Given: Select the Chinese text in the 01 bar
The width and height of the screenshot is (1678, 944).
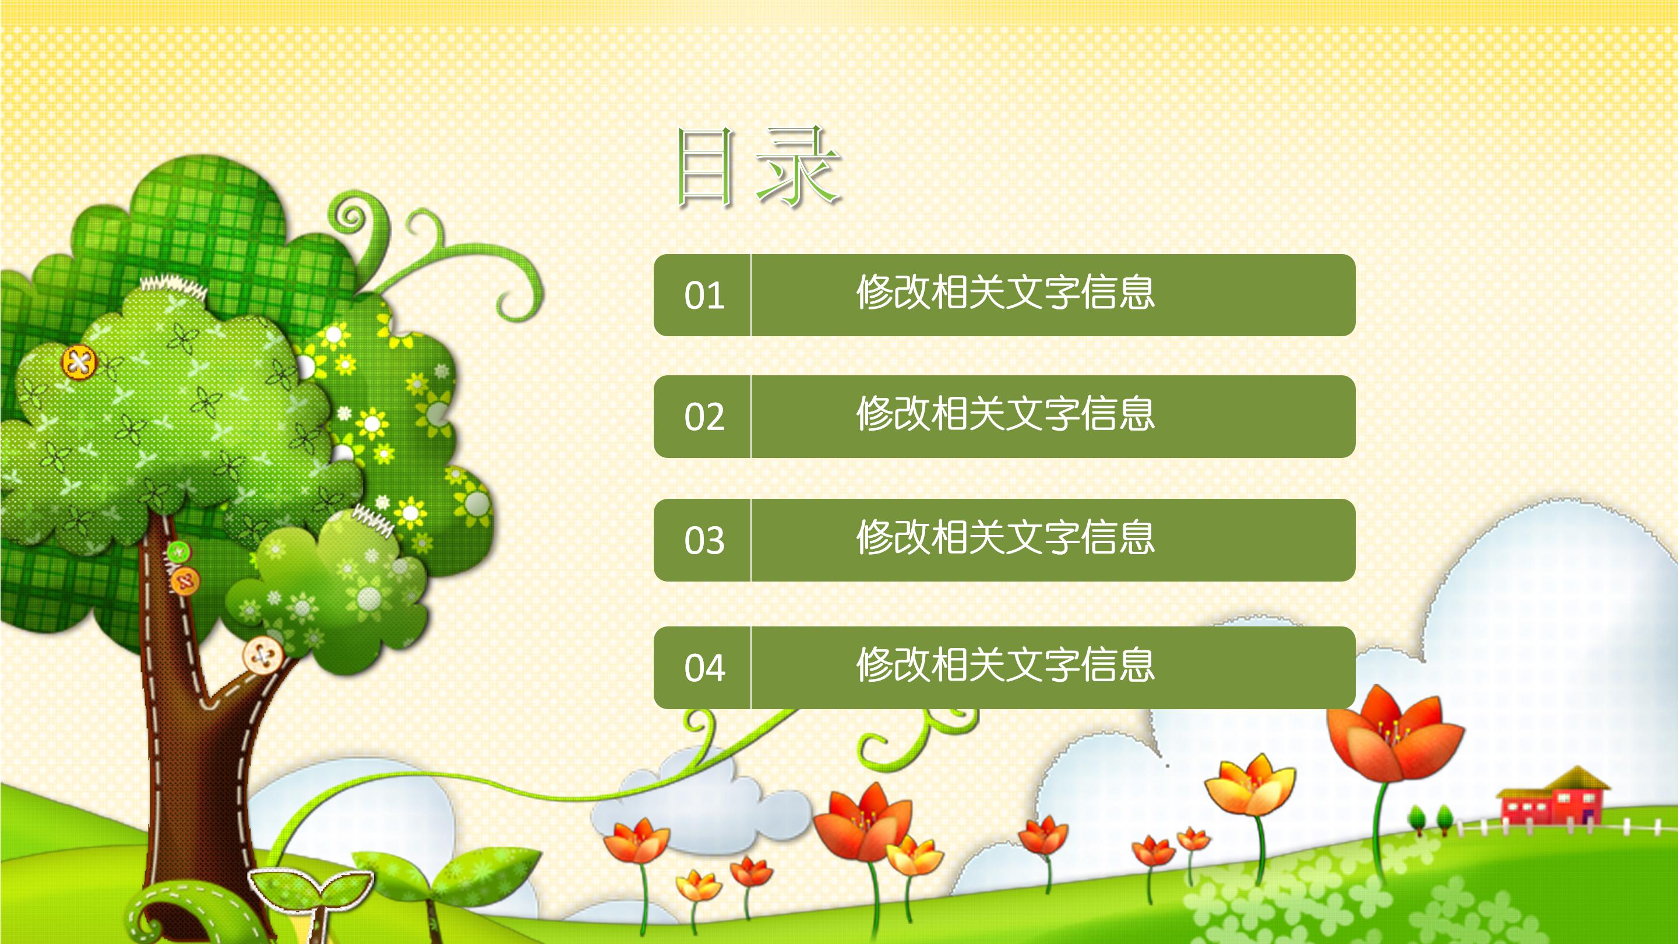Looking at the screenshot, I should click(x=1004, y=293).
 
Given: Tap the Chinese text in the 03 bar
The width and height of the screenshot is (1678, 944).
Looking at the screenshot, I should click(x=1004, y=538).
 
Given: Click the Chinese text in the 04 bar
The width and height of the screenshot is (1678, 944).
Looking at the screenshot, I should click(x=1004, y=665).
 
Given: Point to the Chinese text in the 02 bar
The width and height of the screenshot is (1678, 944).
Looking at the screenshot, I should click(x=1004, y=414).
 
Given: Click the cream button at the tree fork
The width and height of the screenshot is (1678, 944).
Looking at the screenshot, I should click(x=263, y=655).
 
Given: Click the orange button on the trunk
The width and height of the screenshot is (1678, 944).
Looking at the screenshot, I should click(x=185, y=580).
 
